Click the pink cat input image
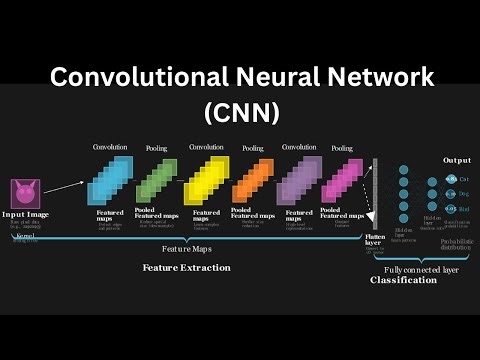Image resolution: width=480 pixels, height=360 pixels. [x=24, y=193]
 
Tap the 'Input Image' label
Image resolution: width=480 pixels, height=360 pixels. [x=27, y=214]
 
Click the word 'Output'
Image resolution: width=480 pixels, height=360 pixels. [x=456, y=160]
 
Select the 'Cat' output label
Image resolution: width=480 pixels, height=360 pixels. [x=464, y=178]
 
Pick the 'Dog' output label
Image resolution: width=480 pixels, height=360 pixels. [x=464, y=193]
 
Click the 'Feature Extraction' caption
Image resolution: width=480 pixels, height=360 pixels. [x=186, y=268]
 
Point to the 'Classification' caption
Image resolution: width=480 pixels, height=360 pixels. [x=403, y=281]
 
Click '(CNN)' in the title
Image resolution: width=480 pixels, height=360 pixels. [x=240, y=112]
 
